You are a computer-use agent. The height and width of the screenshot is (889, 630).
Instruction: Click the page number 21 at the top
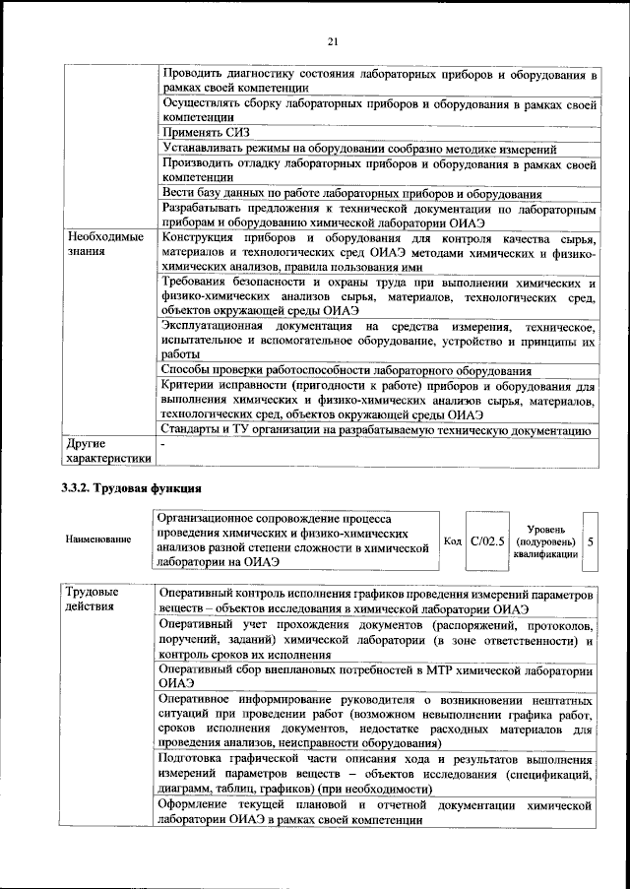[332, 40]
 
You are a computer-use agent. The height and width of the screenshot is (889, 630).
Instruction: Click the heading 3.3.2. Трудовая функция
[131, 489]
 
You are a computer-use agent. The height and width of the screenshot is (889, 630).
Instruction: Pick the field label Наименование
[98, 540]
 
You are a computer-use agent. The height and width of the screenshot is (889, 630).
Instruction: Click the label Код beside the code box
[453, 540]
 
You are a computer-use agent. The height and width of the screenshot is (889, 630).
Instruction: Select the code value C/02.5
[487, 540]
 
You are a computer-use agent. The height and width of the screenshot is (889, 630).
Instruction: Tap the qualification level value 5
[590, 540]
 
